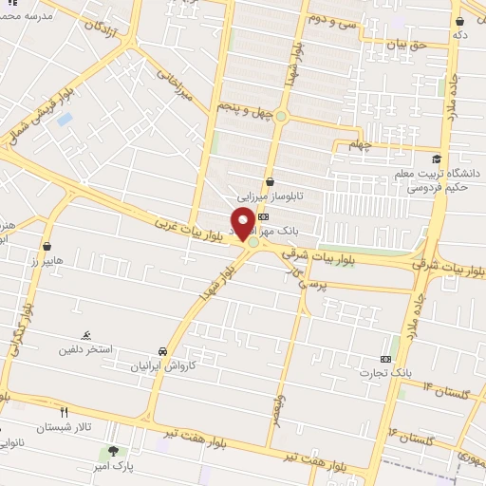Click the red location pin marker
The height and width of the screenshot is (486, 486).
tap(243, 224)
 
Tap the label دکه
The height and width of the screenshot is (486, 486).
tap(460, 34)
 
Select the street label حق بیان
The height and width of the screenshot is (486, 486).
tap(409, 44)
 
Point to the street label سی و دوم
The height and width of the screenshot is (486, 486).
tap(331, 18)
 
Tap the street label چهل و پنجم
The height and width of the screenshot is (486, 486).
tap(246, 112)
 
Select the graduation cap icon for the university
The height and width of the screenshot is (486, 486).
tap(436, 159)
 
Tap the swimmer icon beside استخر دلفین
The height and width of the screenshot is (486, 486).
tap(87, 335)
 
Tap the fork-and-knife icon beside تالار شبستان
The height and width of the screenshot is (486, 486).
tap(65, 412)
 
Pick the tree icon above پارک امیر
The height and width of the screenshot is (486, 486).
tap(115, 451)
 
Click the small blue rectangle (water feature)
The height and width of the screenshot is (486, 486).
tap(64, 120)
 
